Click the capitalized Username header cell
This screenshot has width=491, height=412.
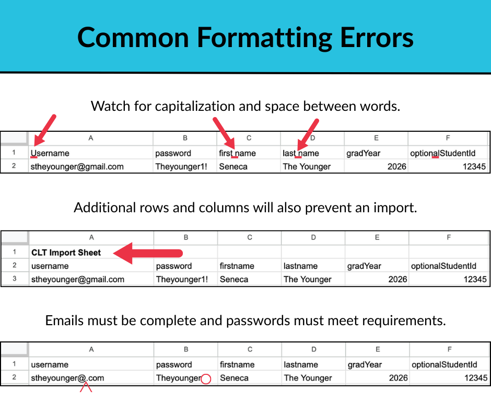coord(50,153)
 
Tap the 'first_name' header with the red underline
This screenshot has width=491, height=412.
coord(237,153)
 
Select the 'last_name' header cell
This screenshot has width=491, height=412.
coord(300,153)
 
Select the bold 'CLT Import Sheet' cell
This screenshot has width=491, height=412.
coord(66,253)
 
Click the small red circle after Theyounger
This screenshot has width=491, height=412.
coord(206,379)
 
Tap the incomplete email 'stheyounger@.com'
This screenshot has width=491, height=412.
coord(67,378)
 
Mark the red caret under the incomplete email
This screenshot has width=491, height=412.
coord(86,387)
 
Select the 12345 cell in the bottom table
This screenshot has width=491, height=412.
coord(475,378)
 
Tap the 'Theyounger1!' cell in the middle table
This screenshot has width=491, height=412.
coord(182,279)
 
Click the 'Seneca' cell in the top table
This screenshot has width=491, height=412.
coord(233,167)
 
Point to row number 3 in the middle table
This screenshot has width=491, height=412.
coord(14,279)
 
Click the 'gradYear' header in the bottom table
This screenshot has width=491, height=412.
coord(365,364)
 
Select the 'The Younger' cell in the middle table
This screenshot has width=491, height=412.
coord(307,279)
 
